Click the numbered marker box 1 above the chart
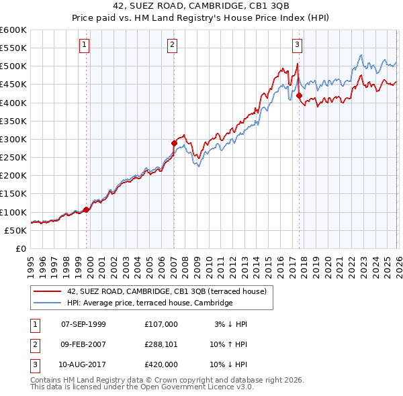pos(85,45)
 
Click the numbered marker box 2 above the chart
pos(172,45)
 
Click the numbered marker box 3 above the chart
pos(297,45)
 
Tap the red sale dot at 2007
pos(174,143)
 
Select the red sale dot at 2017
pos(299,95)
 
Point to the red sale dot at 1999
pos(86,209)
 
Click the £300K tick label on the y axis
pos(13,139)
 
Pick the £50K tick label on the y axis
pos(15,230)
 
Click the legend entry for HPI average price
pos(149,303)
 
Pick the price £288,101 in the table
pos(161,344)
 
